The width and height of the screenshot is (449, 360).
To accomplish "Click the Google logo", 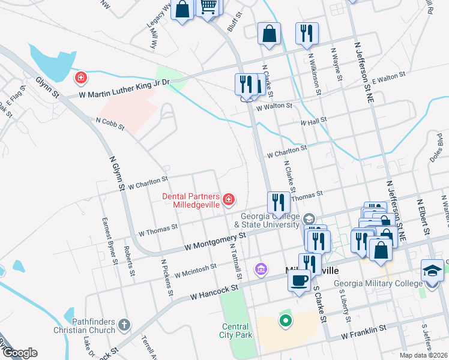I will pos(19,353).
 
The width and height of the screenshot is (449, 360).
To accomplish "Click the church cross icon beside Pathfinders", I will pos(124,325).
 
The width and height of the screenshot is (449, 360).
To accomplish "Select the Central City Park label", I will pos(235,331).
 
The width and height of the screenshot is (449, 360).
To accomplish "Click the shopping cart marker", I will pos(208,7).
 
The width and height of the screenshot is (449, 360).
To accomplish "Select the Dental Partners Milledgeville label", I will pos(190,199).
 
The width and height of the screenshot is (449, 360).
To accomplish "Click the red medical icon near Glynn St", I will pos(80,77).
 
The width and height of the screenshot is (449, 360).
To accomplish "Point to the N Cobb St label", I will pos(109,124).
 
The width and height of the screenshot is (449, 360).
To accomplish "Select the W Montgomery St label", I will pos(215,241).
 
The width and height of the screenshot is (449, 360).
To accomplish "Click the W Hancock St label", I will pos(214,292).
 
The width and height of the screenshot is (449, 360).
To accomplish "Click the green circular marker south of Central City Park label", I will pos(286,321).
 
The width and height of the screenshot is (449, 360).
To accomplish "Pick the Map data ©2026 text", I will pos(423,355).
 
